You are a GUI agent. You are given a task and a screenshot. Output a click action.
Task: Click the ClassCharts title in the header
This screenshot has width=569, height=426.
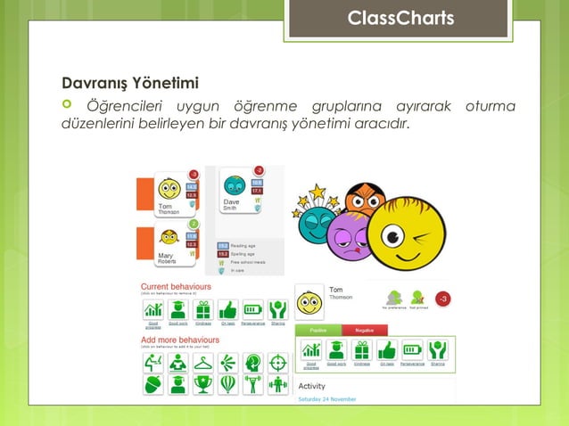[x=400, y=19]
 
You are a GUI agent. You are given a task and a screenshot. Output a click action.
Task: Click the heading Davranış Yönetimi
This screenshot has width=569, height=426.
[x=129, y=85]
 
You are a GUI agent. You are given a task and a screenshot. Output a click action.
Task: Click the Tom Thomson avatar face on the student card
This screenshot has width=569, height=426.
[x=169, y=188]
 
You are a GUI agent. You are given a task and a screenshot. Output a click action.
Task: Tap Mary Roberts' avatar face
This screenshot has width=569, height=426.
[x=169, y=239]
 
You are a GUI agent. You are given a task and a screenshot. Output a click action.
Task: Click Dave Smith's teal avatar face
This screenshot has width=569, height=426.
[x=234, y=185]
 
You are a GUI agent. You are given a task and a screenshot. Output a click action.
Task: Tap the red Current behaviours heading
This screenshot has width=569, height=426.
[x=176, y=286]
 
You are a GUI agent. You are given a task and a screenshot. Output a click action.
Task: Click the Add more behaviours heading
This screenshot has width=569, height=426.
[x=180, y=340]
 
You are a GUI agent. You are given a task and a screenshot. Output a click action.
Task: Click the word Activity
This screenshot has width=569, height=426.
[x=311, y=386]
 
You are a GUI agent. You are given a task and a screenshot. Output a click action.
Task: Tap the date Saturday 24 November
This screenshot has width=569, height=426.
[x=326, y=399]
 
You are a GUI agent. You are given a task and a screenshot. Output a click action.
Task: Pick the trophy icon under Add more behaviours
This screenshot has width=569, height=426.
[x=203, y=384]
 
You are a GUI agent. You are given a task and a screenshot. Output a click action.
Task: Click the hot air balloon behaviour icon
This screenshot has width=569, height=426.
[x=228, y=384]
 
